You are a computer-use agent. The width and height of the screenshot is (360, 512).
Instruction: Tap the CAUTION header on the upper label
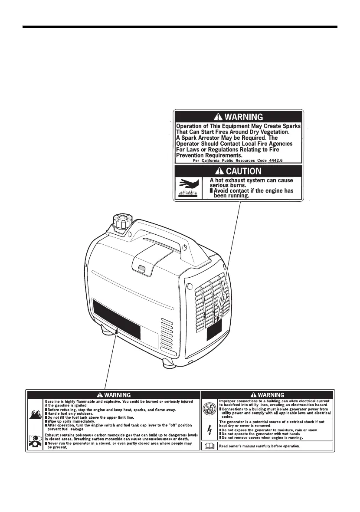point(238,171)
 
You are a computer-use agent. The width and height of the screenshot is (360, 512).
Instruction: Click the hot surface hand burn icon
point(188,187)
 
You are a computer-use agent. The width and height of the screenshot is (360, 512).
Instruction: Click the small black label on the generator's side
point(214,331)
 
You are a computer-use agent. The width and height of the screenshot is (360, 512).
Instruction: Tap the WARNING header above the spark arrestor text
point(238,117)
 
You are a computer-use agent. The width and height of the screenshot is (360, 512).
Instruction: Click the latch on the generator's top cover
point(141,270)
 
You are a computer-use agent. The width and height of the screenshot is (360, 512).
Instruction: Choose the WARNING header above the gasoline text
point(114,395)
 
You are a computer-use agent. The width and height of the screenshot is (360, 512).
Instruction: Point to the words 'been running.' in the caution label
point(232,196)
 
